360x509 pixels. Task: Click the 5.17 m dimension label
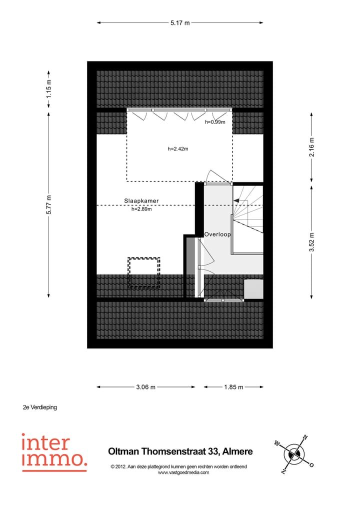click(180, 22)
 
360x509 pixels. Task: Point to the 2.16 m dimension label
click(311, 147)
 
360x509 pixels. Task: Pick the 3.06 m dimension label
click(145, 387)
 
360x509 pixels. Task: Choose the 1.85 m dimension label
click(233, 387)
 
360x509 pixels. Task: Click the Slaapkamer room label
click(141, 201)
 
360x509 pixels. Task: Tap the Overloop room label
click(217, 234)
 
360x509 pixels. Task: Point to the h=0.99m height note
click(215, 122)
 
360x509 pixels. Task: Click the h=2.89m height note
click(141, 209)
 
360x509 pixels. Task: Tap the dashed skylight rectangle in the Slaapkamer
click(143, 273)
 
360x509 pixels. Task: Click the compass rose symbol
click(294, 454)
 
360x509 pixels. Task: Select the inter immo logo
click(54, 452)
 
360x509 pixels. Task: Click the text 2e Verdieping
click(40, 407)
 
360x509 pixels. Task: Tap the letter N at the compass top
click(305, 437)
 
